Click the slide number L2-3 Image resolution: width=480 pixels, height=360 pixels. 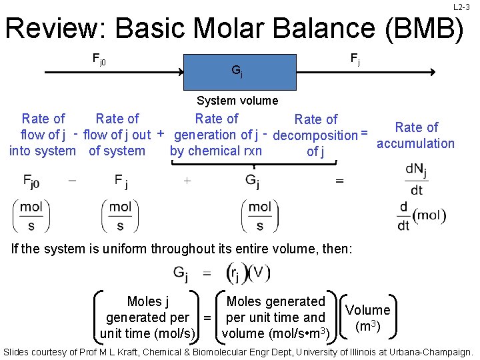pyautogui.click(x=462, y=7)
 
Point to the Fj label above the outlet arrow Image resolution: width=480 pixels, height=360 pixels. pyautogui.click(x=355, y=60)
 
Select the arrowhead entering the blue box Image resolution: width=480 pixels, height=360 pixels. pyautogui.click(x=181, y=72)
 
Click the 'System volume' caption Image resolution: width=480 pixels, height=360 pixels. pyautogui.click(x=237, y=101)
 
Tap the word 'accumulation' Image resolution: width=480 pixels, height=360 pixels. pyautogui.click(x=415, y=143)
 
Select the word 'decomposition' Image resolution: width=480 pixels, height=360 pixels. pyautogui.click(x=315, y=135)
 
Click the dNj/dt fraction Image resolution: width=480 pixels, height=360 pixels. pyautogui.click(x=416, y=179)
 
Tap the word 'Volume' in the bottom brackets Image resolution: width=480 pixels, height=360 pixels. pyautogui.click(x=367, y=310)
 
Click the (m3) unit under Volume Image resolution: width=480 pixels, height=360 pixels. pyautogui.click(x=368, y=326)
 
